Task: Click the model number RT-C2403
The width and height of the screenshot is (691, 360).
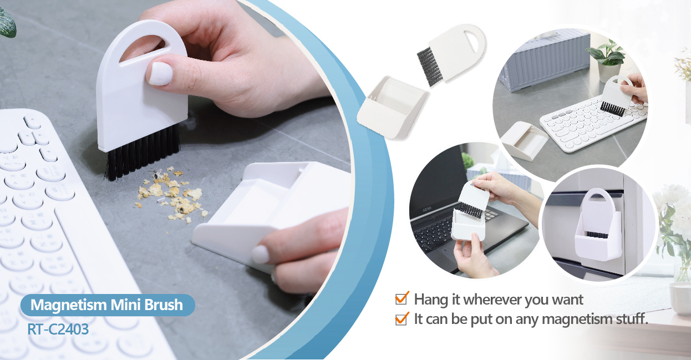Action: point(58,329)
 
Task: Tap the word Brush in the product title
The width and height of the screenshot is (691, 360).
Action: point(164,305)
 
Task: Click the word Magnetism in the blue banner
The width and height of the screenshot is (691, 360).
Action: point(68,305)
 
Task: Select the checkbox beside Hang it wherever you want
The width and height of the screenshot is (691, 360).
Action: point(402,298)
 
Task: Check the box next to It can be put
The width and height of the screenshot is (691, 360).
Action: point(402,318)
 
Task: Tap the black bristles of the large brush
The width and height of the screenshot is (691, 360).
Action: point(144,154)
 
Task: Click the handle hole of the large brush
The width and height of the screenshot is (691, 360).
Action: point(144,46)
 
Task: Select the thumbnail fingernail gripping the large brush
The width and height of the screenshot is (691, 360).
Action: point(160,73)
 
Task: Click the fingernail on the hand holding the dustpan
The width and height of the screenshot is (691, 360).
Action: point(261,254)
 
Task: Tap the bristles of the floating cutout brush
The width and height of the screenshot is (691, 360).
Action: point(430,66)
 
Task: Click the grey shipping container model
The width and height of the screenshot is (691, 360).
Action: point(545,59)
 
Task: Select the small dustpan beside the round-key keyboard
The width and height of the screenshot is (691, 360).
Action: point(524,140)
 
